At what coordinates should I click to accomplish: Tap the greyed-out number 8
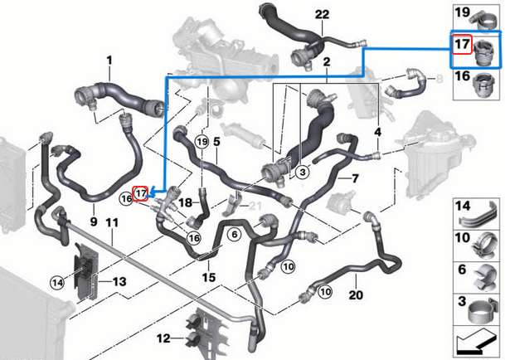439,79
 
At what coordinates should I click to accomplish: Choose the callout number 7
354,178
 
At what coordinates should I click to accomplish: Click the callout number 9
93,222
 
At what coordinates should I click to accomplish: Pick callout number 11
113,222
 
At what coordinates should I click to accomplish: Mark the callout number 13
119,282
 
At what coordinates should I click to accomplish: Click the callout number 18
186,202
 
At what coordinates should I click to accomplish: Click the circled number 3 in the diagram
302,173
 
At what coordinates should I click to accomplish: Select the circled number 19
200,143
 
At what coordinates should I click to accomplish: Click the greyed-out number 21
257,206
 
